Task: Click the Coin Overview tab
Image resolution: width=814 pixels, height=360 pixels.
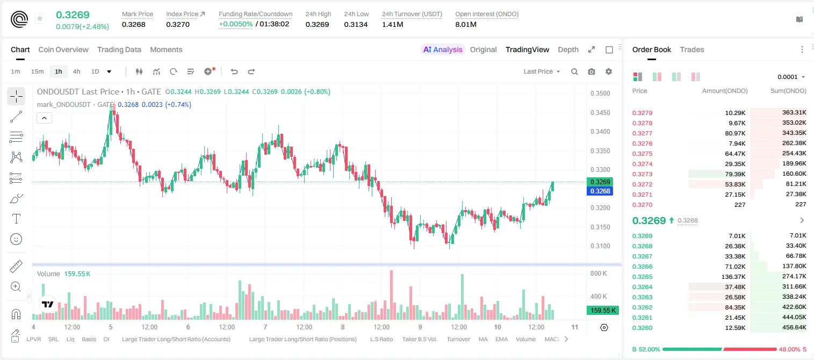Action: coord(63,49)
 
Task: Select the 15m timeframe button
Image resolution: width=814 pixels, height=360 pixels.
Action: coord(37,71)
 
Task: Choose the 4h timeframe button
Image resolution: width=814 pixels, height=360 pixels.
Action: coord(76,71)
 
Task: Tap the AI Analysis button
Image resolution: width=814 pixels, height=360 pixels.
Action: coord(443,49)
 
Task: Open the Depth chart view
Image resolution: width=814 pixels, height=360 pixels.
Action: coord(568,49)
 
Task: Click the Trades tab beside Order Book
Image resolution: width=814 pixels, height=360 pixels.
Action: coord(692,49)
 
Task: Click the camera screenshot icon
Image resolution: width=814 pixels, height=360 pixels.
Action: coord(592,71)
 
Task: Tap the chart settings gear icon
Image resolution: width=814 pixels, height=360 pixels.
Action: coord(609,71)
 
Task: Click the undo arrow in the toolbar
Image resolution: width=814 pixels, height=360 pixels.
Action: coord(234,71)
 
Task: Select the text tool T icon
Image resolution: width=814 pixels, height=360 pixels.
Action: coord(16,219)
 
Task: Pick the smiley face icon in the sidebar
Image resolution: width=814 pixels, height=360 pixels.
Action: coord(16,239)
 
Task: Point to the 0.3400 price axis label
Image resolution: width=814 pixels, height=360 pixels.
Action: coord(600,132)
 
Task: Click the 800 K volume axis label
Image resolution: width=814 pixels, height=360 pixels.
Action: coord(599,273)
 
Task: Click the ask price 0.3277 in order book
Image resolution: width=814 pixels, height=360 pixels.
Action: coord(642,133)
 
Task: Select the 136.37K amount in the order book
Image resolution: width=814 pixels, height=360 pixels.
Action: coord(733,277)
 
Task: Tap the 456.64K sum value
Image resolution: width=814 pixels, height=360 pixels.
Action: coord(794,327)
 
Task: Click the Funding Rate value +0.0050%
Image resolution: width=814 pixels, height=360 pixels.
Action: coord(235,24)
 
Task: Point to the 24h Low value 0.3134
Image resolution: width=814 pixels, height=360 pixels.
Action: coord(356,24)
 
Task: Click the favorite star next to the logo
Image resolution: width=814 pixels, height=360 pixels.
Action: coord(40,18)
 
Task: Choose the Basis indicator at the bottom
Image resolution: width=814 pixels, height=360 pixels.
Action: coord(89,339)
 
